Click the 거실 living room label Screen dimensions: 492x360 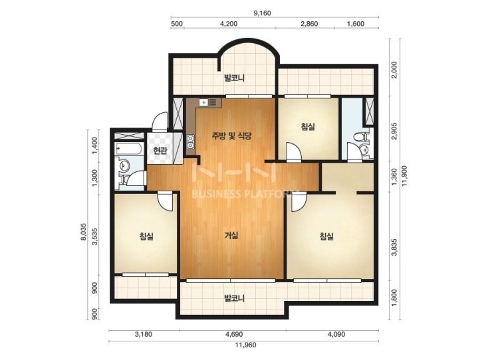coord(231,236)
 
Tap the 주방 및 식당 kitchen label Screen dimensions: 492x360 coord(231,136)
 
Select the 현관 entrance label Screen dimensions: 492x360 coord(160,151)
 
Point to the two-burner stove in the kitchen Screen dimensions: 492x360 coord(190,141)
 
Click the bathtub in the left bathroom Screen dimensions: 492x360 coord(129,148)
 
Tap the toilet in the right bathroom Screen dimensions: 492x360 coord(359,137)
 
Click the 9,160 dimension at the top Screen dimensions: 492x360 coord(262,13)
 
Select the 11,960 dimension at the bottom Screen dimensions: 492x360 coord(245,345)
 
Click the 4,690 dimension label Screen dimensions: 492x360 coord(234,334)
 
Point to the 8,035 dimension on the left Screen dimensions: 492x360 coord(83,232)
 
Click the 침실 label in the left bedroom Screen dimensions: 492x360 coord(146,236)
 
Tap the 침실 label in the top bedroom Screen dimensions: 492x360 coord(307,127)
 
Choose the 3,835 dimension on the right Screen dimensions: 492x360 coord(394,247)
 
